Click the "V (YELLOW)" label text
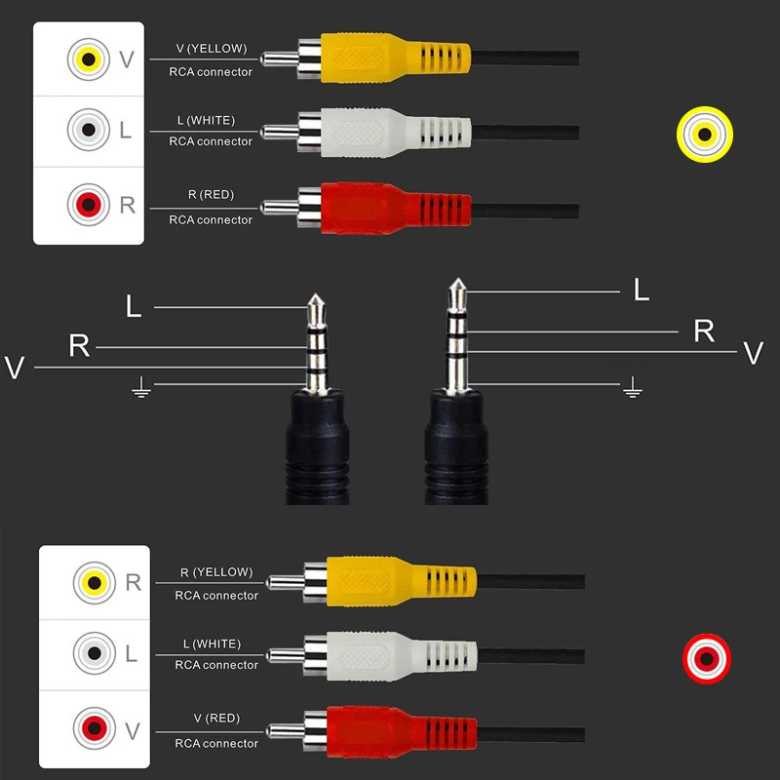point(212,48)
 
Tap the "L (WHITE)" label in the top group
point(206,120)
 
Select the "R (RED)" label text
point(211,194)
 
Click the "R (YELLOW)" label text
point(216,572)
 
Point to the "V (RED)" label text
point(216,719)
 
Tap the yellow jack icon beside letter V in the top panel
point(89,59)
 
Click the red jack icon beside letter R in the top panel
point(89,205)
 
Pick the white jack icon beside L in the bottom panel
point(95,653)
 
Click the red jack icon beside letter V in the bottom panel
point(95,727)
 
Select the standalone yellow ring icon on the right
point(705,134)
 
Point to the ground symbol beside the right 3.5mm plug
point(634,388)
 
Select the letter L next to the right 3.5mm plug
point(642,290)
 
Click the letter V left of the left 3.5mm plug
point(14,368)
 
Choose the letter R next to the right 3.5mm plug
point(704,331)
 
